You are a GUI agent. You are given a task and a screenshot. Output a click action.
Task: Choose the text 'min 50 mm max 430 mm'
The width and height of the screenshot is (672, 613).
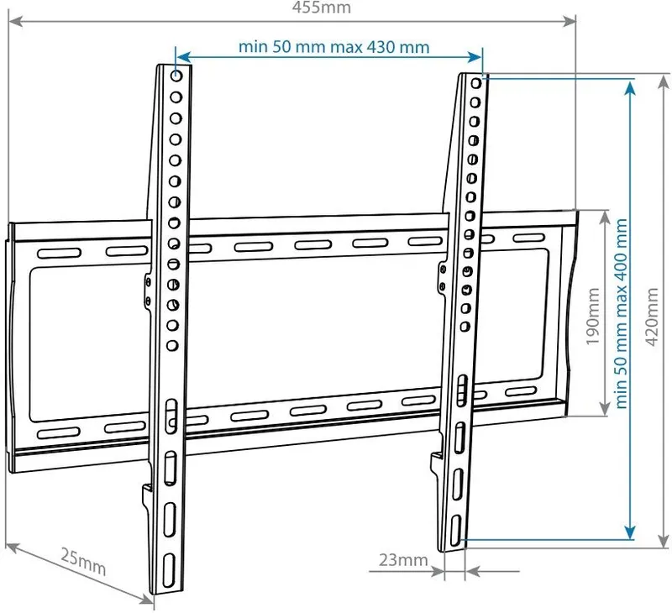click(x=333, y=47)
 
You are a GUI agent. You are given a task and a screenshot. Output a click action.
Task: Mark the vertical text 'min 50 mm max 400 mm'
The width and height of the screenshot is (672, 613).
click(x=622, y=312)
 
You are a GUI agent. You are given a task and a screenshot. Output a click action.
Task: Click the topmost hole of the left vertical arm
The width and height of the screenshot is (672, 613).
click(x=176, y=76)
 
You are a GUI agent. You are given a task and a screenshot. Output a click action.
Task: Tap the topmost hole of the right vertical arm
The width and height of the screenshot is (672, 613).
click(x=476, y=83)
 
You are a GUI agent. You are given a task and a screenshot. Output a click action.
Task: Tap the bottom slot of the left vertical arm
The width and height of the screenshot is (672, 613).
click(x=169, y=568)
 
